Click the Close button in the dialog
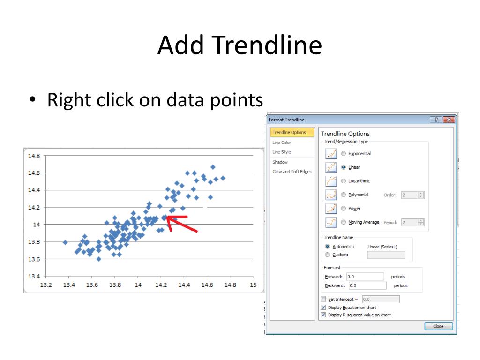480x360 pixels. point(438,326)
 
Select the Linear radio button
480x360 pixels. point(344,167)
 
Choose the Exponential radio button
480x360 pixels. point(344,153)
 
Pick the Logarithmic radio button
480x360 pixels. point(344,181)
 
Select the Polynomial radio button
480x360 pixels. point(344,195)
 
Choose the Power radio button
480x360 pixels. point(344,209)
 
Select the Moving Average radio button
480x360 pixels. point(344,222)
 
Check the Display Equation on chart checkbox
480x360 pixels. point(323,307)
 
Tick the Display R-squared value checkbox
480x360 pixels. point(323,315)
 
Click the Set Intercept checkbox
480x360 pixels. point(323,299)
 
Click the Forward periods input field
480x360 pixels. point(365,277)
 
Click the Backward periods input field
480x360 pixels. point(367,285)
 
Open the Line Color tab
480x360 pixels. point(282,142)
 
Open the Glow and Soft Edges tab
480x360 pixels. point(292,172)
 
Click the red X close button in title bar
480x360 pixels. point(449,120)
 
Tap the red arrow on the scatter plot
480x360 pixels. point(181,224)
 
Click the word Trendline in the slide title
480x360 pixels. point(267,45)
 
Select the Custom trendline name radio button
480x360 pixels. point(328,255)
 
